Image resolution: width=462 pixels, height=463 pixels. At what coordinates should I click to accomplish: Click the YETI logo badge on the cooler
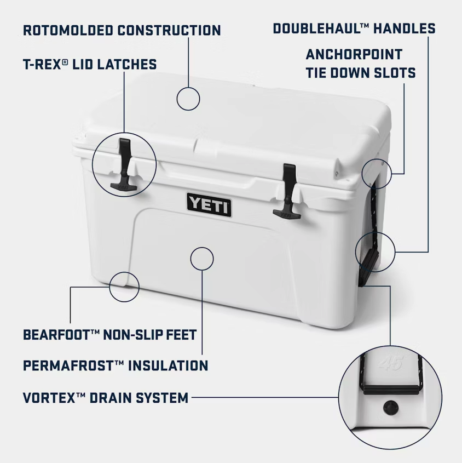(209, 204)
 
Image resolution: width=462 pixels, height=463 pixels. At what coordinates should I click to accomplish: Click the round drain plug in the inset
(391, 407)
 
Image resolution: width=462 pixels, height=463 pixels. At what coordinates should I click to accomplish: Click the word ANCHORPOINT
(354, 55)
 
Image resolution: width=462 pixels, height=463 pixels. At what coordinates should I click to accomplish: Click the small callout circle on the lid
(188, 99)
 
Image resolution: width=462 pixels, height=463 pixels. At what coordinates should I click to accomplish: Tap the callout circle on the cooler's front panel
(202, 258)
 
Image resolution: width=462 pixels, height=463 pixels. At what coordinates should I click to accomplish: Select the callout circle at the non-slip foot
(124, 287)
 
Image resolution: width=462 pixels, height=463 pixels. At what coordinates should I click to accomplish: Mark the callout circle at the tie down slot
(377, 174)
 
